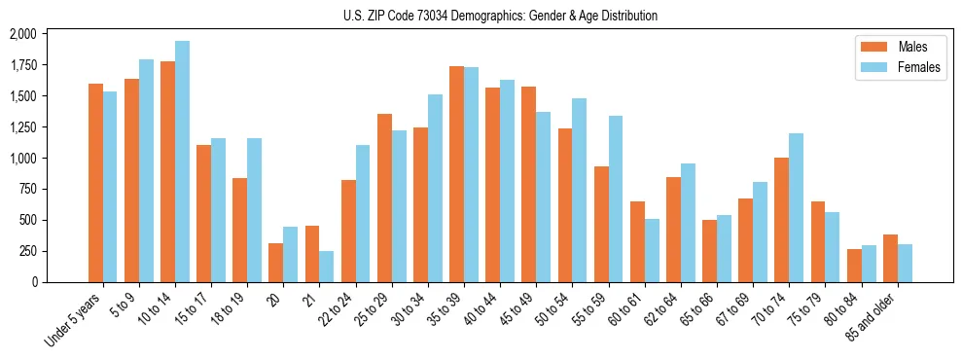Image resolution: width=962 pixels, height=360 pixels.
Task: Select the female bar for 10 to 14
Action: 183,162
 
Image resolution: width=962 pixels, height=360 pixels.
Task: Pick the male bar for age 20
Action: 276,263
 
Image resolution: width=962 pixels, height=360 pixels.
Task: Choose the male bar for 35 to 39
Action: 456,174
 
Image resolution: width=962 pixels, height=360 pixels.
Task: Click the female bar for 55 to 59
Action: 616,198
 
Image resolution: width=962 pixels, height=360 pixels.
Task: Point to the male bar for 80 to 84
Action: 854,266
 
